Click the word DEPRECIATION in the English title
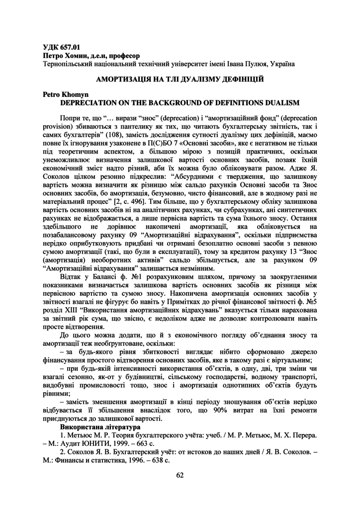click(92, 103)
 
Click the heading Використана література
click(100, 426)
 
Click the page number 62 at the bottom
click(180, 475)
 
